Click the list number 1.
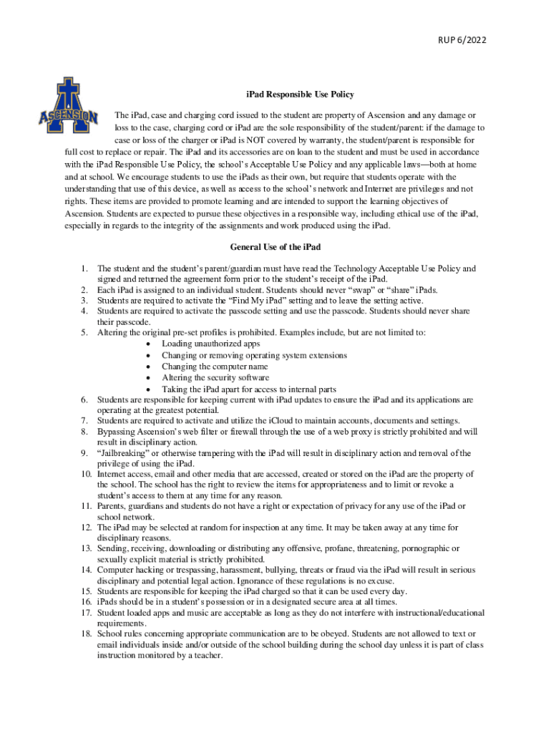84,268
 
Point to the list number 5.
84,333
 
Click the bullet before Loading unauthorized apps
147,344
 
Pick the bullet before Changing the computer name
147,366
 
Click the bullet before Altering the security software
147,378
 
